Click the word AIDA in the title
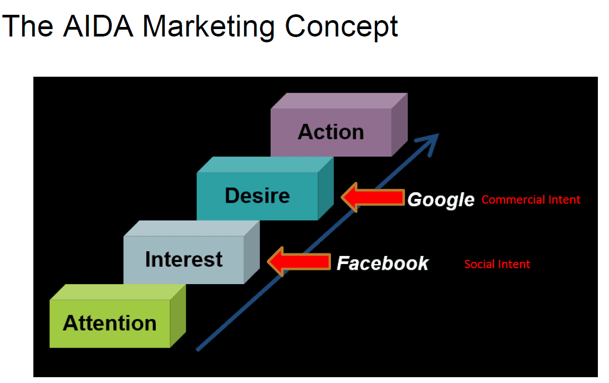coord(98,26)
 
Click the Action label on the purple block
coord(331,132)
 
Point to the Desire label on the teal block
coord(257,196)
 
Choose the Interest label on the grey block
coord(184,259)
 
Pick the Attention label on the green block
coord(110,323)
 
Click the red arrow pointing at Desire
coord(373,197)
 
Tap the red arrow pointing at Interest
coord(299,261)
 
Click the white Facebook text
coord(382,263)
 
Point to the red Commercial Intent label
coord(531,200)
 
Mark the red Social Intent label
coord(497,265)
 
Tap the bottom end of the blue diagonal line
coord(198,350)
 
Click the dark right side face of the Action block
coord(400,125)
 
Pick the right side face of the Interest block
coord(252,252)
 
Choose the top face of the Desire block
coord(265,165)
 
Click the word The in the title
coord(28,26)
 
